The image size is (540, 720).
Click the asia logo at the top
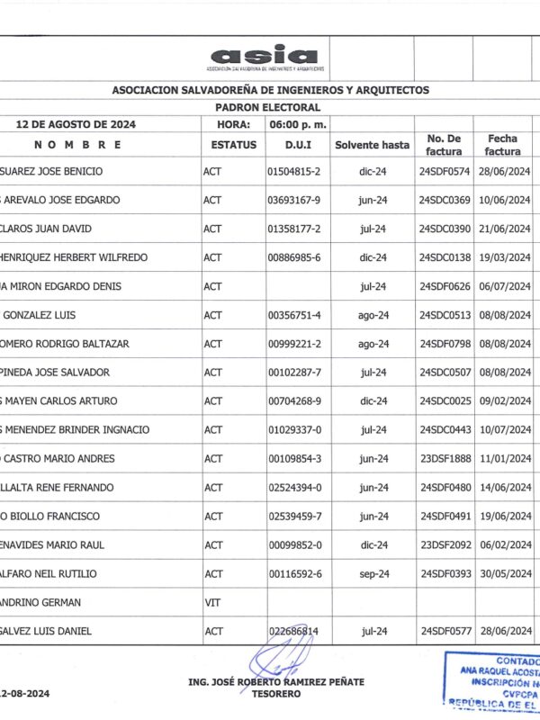(264, 58)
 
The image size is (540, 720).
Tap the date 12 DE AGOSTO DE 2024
(76, 124)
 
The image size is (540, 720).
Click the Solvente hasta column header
(372, 144)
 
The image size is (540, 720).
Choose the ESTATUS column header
(233, 144)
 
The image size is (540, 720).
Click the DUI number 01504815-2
(294, 171)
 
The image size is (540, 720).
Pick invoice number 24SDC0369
(445, 200)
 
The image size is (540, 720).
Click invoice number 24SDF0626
(445, 286)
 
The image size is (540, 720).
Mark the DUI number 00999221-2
(294, 344)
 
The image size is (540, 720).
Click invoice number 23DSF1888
(445, 459)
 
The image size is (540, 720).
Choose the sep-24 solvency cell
(373, 574)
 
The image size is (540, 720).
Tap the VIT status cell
(212, 603)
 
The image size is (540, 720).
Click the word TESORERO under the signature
(276, 694)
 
